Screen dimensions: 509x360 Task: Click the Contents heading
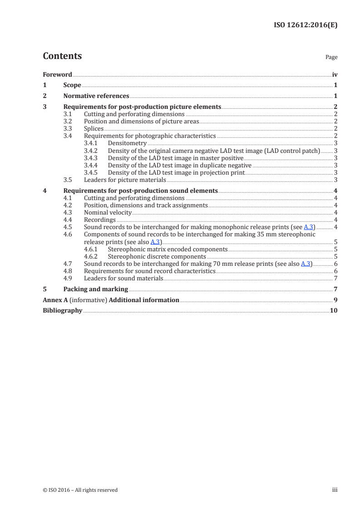pos(62,56)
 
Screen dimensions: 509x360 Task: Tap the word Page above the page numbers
pos(331,58)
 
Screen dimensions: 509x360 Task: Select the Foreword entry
pos(57,74)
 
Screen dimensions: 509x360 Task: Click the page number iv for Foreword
pos(335,74)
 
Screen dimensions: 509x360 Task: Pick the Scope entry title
pos(72,85)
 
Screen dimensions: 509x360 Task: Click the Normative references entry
pos(96,96)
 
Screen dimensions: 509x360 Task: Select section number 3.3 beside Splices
pos(68,129)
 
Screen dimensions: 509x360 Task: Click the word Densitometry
pos(127,143)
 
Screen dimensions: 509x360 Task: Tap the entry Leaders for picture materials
pos(125,180)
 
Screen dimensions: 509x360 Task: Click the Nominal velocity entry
pos(108,212)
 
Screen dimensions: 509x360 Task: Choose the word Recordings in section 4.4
pos(100,220)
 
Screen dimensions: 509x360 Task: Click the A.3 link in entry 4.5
pos(308,227)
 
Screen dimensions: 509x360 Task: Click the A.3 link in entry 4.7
pos(306,264)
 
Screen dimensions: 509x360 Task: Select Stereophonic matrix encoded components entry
pos(168,249)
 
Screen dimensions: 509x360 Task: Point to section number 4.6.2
pos(93,256)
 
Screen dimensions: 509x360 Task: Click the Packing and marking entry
pos(95,289)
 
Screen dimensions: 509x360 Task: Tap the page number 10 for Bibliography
pos(334,311)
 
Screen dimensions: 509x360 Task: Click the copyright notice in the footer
pos(80,490)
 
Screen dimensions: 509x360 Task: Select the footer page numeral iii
pos(335,490)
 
